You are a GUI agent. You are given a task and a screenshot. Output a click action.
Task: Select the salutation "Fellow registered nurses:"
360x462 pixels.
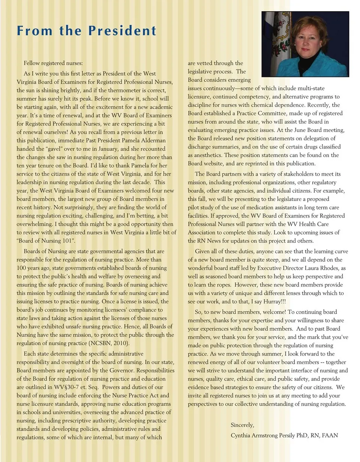53,63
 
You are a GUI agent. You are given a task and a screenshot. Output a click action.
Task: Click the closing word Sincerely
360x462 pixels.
242,425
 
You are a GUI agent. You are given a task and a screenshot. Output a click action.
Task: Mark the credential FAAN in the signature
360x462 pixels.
330,435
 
